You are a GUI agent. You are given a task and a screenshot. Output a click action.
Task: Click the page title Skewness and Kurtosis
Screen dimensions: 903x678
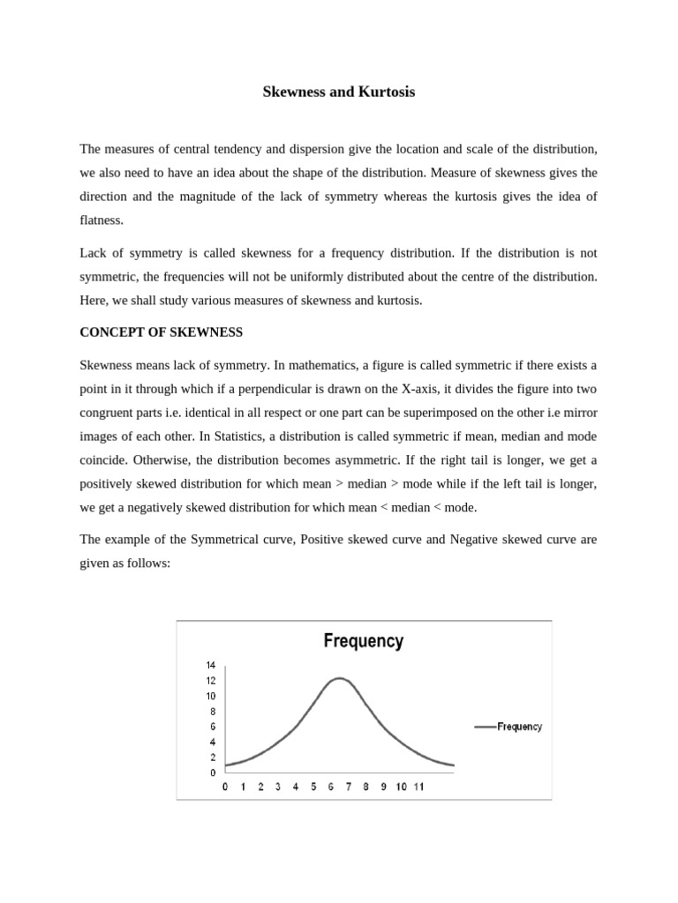tap(339, 92)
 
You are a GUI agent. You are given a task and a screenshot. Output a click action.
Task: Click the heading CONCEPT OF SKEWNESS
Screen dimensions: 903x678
tap(162, 332)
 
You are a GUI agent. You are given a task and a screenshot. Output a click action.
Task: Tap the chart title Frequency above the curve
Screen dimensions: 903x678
tap(363, 641)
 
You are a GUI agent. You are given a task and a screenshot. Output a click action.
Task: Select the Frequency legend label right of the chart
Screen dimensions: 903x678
tap(520, 728)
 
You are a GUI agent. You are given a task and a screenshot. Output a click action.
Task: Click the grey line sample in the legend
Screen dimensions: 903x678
tap(486, 728)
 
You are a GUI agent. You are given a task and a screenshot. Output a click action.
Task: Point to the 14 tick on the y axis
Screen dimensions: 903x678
tap(211, 665)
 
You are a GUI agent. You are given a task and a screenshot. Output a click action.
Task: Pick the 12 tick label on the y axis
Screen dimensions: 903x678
tap(211, 681)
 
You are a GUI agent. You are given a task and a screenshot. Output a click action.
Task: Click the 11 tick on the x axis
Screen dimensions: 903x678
tap(418, 787)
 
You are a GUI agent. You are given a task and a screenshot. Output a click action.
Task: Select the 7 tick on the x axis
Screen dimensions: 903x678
tap(348, 787)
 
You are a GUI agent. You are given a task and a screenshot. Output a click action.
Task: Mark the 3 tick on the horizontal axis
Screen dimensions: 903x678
tap(278, 787)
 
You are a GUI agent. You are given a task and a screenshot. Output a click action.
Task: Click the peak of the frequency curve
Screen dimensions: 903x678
tap(340, 678)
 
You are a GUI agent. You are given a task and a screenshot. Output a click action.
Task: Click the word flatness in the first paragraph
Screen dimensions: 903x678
tap(102, 220)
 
